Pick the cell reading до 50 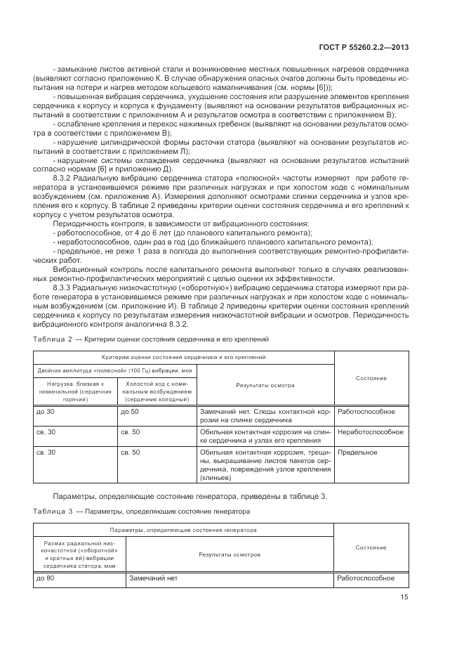tap(130, 411)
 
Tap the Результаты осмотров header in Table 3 tap(230, 554)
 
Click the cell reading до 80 tap(45, 578)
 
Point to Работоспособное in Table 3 tap(366, 578)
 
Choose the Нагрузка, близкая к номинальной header tap(74, 391)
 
